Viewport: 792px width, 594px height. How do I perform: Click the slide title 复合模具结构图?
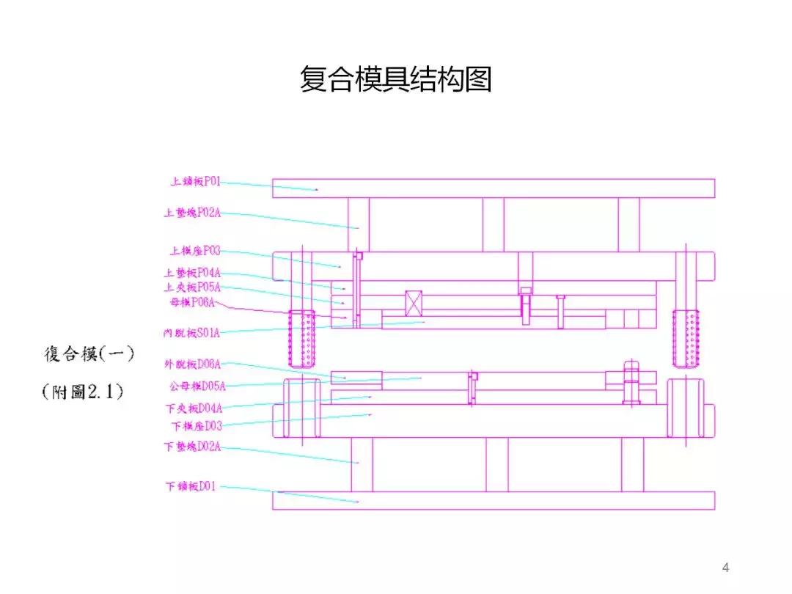point(395,79)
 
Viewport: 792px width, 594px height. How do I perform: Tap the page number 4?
point(726,567)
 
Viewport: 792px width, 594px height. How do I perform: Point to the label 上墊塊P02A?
point(192,213)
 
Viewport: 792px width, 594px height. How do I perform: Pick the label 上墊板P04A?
point(192,273)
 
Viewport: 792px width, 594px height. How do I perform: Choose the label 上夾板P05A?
point(192,287)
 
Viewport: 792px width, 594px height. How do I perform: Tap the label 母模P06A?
point(192,302)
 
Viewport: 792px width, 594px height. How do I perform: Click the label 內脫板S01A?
point(192,333)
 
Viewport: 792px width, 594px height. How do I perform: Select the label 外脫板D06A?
point(192,364)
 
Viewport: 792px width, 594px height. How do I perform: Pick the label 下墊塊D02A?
point(192,446)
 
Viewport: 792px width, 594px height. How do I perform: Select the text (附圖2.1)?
point(83,392)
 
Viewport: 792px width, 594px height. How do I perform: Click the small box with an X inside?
point(414,303)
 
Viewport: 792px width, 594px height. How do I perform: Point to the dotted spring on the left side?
point(301,338)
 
